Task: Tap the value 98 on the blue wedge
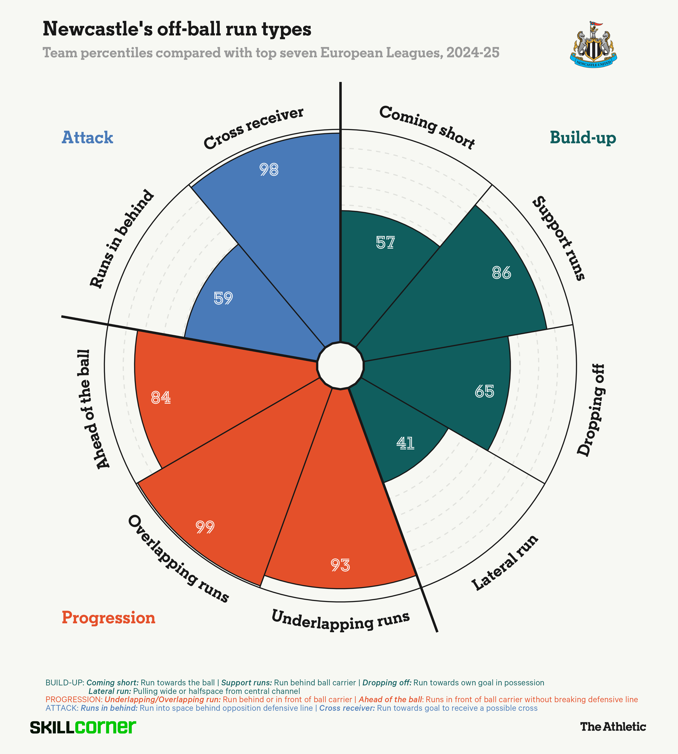tap(269, 170)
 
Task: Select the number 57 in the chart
tap(385, 243)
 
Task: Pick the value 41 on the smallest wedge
tap(405, 443)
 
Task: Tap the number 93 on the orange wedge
tap(340, 565)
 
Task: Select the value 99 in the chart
tap(205, 527)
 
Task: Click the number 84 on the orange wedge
tap(161, 398)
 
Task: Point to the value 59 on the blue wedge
tap(223, 298)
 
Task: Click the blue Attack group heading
tap(87, 137)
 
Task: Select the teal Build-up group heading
tap(583, 137)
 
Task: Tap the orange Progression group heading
tap(108, 618)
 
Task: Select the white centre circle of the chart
tap(340, 366)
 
